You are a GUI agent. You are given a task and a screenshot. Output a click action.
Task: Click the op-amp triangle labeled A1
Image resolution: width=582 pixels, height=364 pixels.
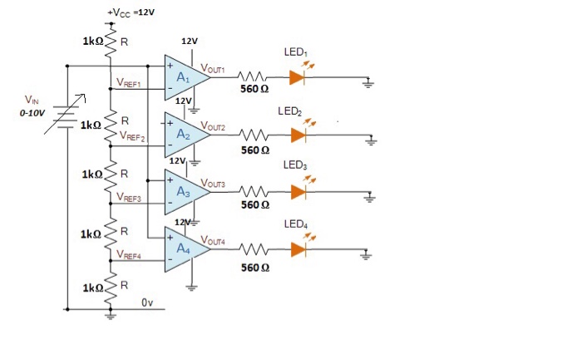(185, 77)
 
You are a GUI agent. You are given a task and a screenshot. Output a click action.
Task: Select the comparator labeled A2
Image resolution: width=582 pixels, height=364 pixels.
(185, 135)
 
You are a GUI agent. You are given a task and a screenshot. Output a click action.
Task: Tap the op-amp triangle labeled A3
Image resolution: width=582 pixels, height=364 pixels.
(185, 191)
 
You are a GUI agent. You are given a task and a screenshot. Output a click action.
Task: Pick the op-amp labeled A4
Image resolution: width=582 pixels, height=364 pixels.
(185, 248)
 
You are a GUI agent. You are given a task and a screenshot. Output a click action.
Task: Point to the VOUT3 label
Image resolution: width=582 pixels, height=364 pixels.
(214, 183)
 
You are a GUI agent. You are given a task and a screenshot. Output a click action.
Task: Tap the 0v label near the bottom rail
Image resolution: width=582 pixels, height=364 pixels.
(146, 303)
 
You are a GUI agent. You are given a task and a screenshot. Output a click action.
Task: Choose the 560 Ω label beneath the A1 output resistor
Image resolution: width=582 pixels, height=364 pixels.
(254, 90)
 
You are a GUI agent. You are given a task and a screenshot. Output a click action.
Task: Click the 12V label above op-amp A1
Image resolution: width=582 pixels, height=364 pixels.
(189, 40)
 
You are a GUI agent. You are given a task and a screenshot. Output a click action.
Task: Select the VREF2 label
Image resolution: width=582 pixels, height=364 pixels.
(133, 135)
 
